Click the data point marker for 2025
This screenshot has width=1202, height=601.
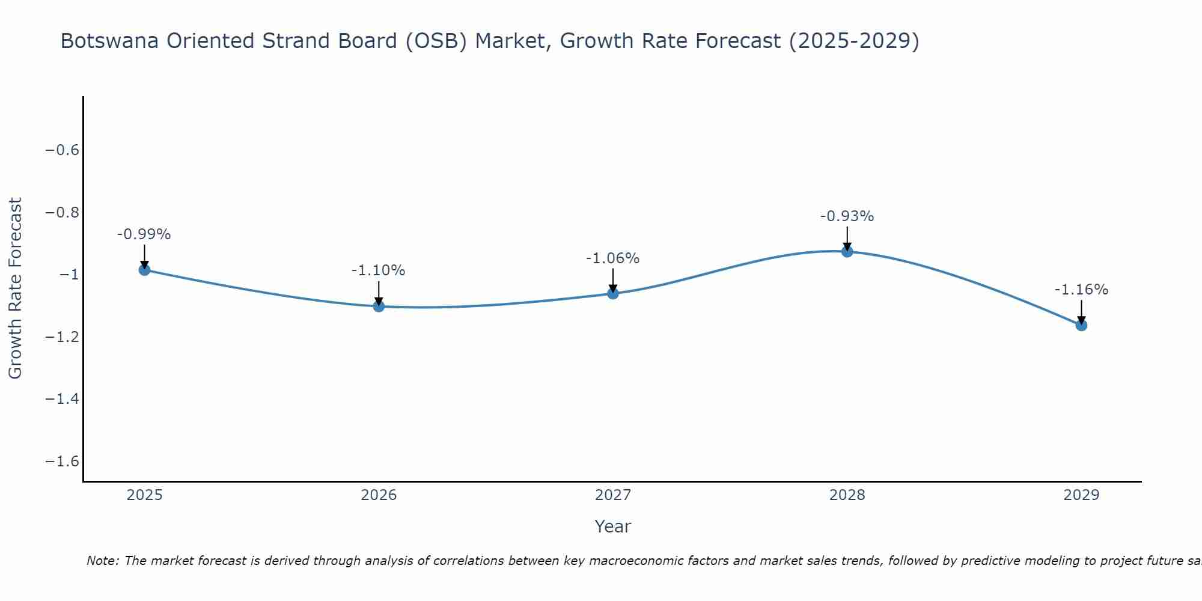coord(144,270)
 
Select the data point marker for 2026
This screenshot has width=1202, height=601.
coord(379,306)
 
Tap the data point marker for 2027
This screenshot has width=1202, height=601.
coord(612,293)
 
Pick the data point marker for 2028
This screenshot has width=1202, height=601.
coord(847,251)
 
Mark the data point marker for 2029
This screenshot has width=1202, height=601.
coord(1081,325)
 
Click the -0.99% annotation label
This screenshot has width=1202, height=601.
coord(144,234)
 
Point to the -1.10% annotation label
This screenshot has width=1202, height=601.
coord(378,270)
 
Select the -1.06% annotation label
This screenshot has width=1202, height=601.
coord(612,258)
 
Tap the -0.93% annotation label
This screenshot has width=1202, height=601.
coord(847,216)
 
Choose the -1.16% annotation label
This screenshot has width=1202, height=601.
coord(1081,290)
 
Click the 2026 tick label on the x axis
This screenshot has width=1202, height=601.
coord(379,495)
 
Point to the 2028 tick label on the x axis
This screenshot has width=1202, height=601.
coord(847,495)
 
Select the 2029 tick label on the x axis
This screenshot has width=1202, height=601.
coord(1081,495)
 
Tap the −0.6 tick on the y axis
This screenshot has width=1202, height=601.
coord(63,150)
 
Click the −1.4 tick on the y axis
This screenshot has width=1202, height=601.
coord(63,399)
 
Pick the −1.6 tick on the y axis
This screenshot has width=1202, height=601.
coord(63,462)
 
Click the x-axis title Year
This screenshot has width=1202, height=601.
coord(612,526)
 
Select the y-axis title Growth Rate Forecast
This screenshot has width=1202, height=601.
coord(15,288)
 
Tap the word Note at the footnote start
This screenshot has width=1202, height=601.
coord(102,561)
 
